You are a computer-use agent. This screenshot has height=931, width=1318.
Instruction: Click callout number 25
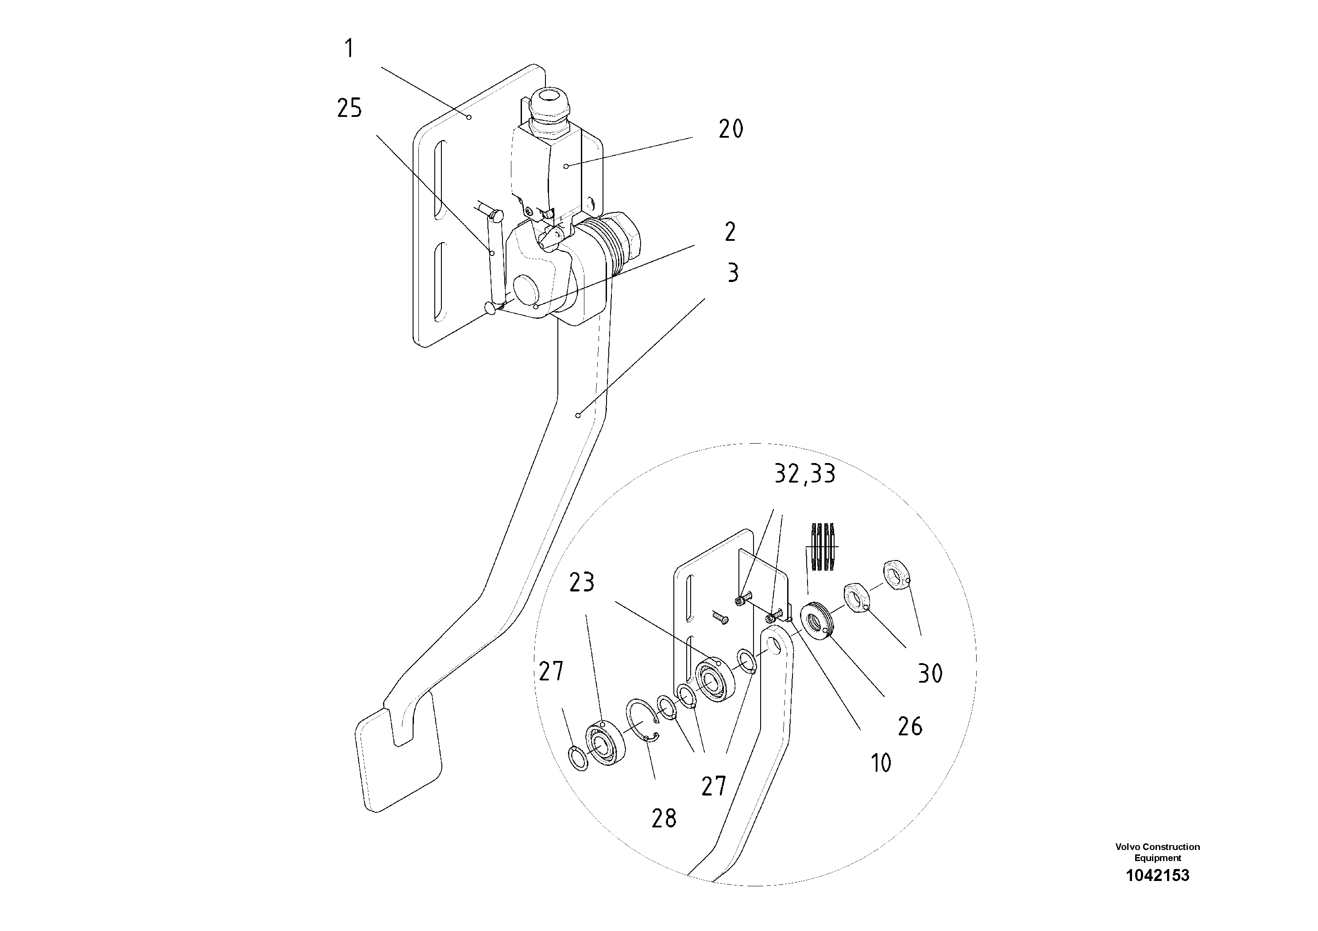349,108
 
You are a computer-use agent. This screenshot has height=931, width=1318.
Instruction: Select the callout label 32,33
805,474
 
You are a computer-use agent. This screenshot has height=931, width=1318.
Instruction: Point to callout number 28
664,819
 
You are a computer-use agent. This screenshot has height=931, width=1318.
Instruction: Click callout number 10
881,763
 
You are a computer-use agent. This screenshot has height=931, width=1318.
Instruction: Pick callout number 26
910,726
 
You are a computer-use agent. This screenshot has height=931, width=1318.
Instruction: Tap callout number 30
930,673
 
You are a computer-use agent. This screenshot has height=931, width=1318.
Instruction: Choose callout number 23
581,583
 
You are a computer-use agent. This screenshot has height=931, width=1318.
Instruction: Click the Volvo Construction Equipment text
1157,852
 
